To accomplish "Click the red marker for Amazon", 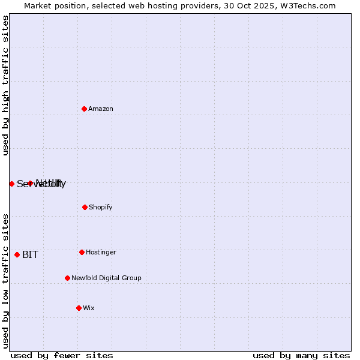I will pos(85,109).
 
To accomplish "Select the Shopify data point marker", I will pos(85,207).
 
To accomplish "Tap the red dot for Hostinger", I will pos(82,252).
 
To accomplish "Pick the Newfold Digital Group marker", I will pos(67,278).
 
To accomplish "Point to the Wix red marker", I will pos(79,308).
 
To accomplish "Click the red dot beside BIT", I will pos(17,254).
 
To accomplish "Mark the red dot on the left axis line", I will pos(11,184).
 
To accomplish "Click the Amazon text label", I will pos(101,109).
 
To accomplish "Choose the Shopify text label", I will pos(100,208).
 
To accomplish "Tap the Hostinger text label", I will pos(101,253).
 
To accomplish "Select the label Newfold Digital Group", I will pos(106,278).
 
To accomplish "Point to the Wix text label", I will pos(89,308).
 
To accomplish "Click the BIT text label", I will pos(30,255).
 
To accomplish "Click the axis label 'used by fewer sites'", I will pos(62,355).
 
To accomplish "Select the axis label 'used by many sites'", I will pos(301,355).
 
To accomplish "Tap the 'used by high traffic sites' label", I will pos(6,85).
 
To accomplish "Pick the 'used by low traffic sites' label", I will pos(6,281).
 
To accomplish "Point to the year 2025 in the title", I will pos(258,6).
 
